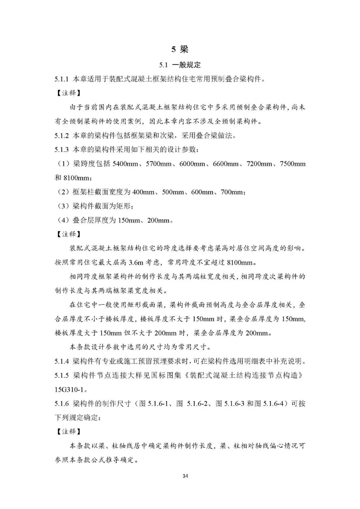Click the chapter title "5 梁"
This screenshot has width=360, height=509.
coord(180,49)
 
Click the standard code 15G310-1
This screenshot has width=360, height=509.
coord(70,389)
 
